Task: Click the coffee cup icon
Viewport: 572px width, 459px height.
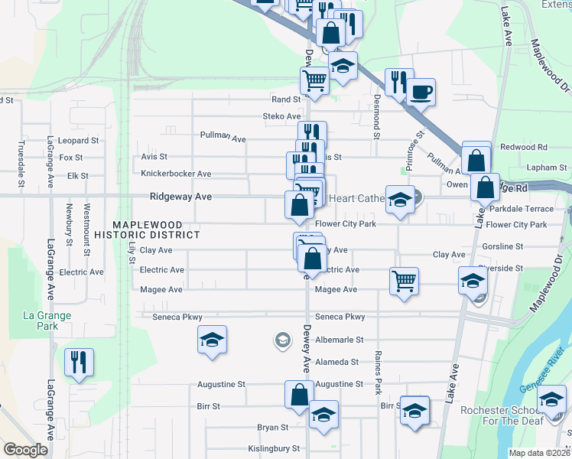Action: click(421, 93)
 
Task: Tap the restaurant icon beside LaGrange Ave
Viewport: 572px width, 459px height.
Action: click(80, 362)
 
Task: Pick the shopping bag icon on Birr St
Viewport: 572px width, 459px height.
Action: click(299, 395)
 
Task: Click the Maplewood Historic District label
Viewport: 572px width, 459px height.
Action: click(156, 229)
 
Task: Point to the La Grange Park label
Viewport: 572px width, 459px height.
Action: click(47, 321)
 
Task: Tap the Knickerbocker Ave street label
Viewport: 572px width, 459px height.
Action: click(176, 174)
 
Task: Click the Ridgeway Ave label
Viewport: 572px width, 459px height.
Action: click(181, 197)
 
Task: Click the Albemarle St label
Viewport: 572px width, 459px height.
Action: click(337, 339)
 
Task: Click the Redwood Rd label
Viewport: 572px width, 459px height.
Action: click(524, 147)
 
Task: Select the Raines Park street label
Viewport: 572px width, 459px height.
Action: click(378, 372)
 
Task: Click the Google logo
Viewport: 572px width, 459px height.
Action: click(25, 449)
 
